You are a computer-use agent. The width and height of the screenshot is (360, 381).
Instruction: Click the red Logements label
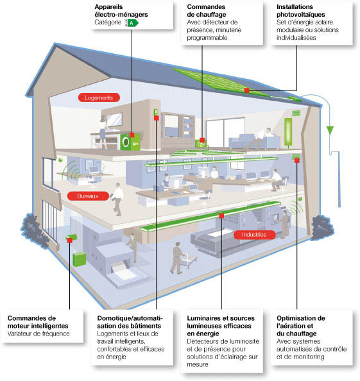98,98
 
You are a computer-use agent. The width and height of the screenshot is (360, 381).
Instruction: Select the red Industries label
254,235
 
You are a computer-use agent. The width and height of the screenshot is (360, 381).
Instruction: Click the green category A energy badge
133,22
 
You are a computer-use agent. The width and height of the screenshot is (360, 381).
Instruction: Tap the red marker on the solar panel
247,90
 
